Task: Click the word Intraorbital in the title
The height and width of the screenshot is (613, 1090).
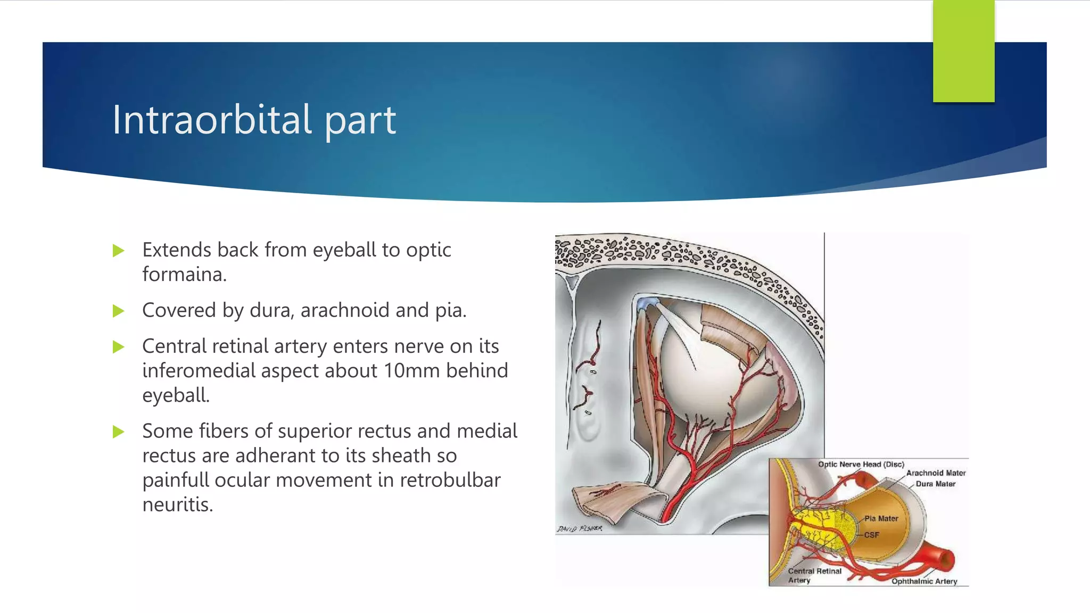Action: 212,119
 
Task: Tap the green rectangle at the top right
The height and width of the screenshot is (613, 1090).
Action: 963,51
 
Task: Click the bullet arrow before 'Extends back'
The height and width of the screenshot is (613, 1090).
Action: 118,251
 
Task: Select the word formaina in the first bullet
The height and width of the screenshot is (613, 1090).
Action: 184,275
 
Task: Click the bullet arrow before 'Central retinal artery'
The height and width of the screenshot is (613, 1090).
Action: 118,347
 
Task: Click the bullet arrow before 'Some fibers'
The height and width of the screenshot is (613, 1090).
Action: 118,432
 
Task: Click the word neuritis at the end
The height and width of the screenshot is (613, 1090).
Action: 177,504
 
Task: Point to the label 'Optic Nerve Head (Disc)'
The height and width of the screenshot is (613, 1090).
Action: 861,464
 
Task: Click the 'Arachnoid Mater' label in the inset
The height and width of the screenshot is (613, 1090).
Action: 935,473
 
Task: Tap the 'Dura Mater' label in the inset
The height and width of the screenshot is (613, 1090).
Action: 935,484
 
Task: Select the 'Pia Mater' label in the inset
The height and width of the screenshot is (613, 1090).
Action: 881,518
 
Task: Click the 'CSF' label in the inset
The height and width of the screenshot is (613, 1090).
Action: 871,535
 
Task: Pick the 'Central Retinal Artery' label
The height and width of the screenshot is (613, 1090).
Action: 814,575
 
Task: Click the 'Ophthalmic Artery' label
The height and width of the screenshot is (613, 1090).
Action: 924,581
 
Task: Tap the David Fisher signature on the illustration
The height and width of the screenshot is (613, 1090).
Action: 580,528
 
